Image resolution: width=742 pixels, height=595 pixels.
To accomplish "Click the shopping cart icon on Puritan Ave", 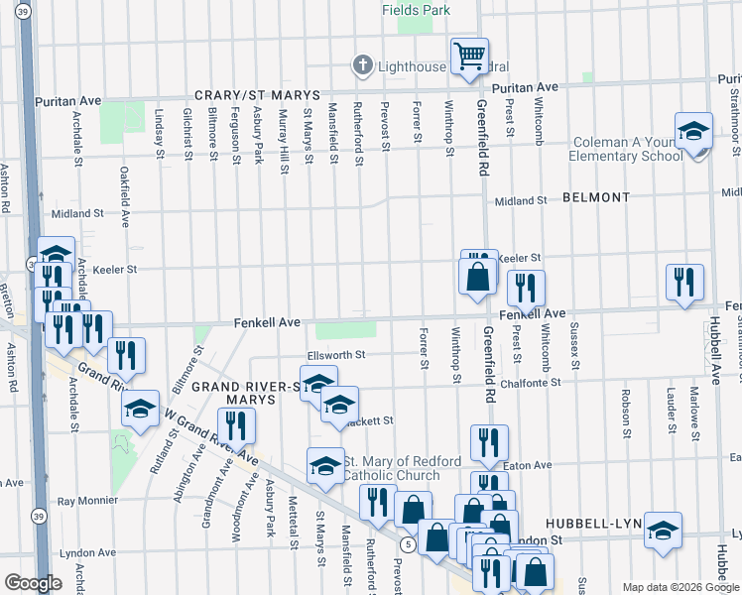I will (x=469, y=56).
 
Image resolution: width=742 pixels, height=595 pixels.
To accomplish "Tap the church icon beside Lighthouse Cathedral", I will (x=363, y=66).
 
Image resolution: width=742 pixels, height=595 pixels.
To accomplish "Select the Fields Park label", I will (x=417, y=10).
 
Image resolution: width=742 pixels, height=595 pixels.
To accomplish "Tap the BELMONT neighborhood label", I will (x=595, y=197).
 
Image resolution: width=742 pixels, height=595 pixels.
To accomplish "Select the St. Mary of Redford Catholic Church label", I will (x=401, y=469).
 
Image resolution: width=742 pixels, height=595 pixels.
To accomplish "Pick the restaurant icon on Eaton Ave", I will (x=488, y=442).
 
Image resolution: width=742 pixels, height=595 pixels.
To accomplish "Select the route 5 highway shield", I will (x=408, y=544).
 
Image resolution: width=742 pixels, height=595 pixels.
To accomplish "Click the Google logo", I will (x=32, y=583).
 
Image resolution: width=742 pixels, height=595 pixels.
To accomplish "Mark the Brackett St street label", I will (x=369, y=420).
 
